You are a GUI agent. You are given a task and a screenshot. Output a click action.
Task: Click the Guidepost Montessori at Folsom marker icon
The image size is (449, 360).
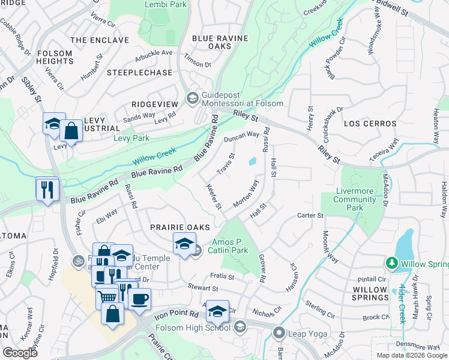pos(193,98)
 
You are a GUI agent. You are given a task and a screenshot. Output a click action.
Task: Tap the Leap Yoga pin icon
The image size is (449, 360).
pos(279,332)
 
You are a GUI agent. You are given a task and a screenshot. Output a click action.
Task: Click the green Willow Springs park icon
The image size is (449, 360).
pos(392,263)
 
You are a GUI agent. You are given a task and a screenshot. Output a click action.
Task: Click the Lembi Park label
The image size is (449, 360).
pos(166,4)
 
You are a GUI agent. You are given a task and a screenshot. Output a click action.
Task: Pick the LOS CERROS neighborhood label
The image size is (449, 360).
pos(370,124)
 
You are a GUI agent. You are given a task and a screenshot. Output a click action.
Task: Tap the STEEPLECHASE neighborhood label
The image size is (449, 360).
pos(139,73)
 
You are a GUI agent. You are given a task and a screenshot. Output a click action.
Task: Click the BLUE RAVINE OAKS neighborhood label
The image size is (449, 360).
pos(220,42)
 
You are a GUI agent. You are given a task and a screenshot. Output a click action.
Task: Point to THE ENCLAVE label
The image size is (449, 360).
pos(99,40)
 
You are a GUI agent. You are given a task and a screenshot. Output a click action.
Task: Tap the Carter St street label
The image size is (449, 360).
pos(310,215)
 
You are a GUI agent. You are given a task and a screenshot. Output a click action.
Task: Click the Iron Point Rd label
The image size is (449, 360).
pos(176,314)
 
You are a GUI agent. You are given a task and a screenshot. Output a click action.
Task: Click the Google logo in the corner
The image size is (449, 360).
pos(20,353)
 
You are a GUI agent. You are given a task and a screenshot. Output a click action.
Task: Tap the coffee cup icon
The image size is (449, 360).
pos(139,299)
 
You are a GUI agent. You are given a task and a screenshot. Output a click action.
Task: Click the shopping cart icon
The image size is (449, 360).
pos(107,296)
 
